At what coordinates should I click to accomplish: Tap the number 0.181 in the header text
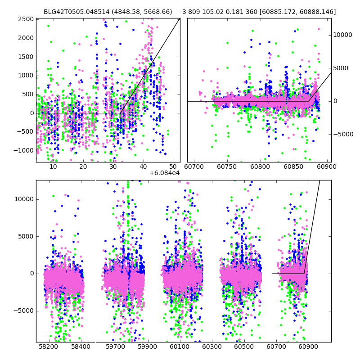234,12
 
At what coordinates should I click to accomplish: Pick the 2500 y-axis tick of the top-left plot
26,19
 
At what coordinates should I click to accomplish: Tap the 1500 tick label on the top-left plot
26,57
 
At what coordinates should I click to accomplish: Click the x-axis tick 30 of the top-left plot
113,167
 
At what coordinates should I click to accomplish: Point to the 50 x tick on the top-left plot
173,167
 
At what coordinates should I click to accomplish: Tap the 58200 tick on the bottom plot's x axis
48,347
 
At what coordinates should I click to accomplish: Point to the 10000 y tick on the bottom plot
24,199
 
